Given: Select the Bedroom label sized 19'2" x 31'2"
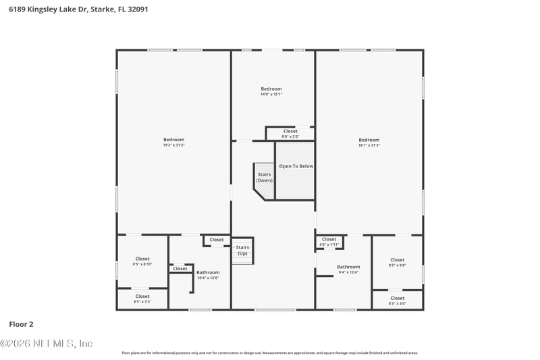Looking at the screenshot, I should (x=173, y=140).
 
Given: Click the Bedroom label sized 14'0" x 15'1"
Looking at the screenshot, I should (x=271, y=89).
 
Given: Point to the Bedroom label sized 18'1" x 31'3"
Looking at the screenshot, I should (x=369, y=140).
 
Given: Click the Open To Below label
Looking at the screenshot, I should (x=296, y=166).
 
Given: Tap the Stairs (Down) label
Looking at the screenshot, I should (x=264, y=178).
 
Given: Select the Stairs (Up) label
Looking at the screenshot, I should (x=242, y=251).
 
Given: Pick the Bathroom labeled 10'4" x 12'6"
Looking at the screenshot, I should (x=208, y=273).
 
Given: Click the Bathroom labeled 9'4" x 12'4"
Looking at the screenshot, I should (x=348, y=267).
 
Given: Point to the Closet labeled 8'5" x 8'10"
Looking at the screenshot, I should (x=142, y=259).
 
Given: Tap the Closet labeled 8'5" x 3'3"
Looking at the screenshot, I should (x=142, y=297).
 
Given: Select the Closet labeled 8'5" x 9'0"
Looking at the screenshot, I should (x=397, y=260).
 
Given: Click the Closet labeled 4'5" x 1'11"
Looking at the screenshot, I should (x=329, y=241).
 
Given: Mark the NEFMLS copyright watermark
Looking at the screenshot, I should (x=47, y=344).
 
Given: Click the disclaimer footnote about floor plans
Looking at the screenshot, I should (x=269, y=353).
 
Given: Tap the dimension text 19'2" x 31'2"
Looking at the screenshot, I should (x=173, y=145).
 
